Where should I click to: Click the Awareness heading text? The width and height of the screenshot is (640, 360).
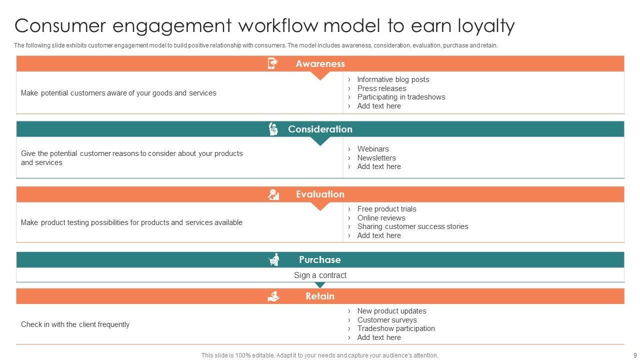[320, 63]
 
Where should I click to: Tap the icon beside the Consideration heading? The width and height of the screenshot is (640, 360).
[273, 129]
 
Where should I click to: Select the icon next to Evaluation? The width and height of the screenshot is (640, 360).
[273, 194]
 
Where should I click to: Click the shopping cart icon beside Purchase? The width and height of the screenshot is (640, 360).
[274, 259]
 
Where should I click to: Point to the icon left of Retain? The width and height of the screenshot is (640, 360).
[273, 296]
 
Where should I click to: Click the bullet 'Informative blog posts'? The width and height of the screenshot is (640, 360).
[393, 79]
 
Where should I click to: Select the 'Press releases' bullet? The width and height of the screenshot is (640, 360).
[381, 88]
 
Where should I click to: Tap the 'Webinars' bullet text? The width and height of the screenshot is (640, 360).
[373, 149]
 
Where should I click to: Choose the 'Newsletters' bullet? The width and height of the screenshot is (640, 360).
[376, 158]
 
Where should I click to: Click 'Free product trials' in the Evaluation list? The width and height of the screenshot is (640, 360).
[386, 209]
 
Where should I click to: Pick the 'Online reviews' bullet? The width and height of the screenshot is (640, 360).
[381, 218]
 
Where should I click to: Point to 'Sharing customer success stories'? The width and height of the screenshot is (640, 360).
[412, 226]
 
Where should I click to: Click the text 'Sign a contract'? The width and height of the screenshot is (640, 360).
[320, 275]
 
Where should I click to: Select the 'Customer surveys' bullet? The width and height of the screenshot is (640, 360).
[387, 320]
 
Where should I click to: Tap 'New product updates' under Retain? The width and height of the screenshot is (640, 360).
[391, 311]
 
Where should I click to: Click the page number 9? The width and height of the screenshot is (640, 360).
[634, 355]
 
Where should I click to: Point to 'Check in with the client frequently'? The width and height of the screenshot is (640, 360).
[75, 324]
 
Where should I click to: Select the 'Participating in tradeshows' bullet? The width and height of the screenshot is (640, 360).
[401, 97]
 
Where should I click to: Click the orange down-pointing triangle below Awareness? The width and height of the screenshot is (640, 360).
[320, 75]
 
